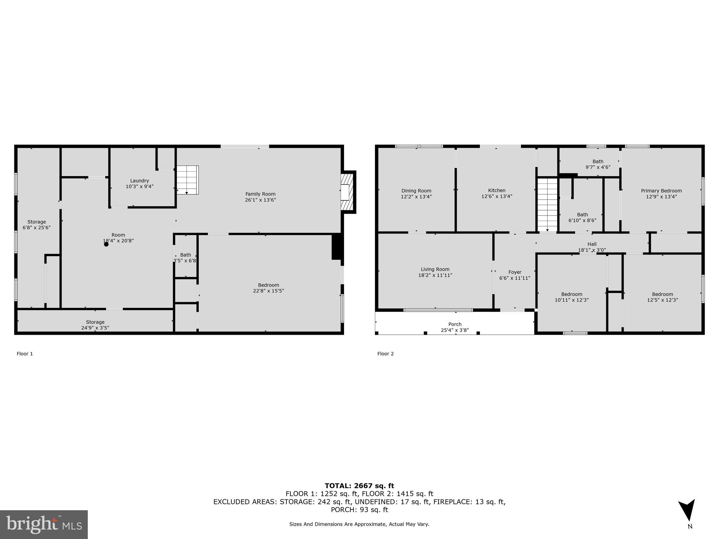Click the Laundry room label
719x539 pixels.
[x=139, y=181]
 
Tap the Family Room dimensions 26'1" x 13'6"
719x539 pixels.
[x=260, y=200]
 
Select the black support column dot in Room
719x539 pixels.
[x=106, y=244]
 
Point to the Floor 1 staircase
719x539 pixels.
[x=187, y=180]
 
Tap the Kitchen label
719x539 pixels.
[x=496, y=191]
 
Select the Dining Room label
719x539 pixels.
[x=416, y=191]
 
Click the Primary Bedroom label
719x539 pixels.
[x=661, y=191]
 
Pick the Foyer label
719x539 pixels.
[x=515, y=272]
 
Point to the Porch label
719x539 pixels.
[x=455, y=324]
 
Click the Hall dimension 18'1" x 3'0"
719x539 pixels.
[x=592, y=250]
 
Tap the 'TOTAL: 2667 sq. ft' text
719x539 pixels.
[x=359, y=486]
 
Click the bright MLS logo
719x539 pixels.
[x=44, y=525]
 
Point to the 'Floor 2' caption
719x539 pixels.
[x=385, y=354]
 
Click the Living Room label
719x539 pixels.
[x=435, y=269]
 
